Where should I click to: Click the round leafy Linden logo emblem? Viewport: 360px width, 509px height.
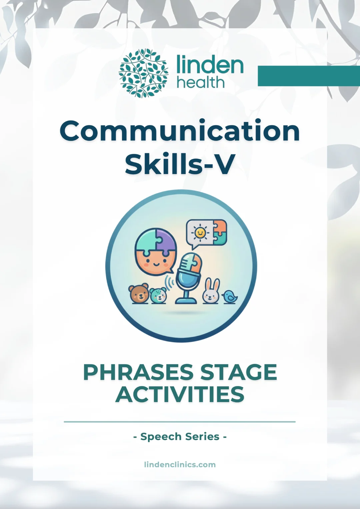[x=143, y=73]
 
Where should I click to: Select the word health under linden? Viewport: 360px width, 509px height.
[x=201, y=82]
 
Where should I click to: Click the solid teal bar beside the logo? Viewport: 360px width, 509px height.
[x=308, y=76]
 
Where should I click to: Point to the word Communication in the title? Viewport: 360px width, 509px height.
[x=180, y=131]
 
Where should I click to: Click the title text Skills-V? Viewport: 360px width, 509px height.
[x=180, y=164]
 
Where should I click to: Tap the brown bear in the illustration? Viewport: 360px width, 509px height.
[x=139, y=294]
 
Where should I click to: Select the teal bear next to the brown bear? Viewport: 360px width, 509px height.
[x=158, y=295]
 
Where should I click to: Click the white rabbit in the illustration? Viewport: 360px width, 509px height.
[x=211, y=292]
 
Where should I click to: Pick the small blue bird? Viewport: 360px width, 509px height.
[x=230, y=297]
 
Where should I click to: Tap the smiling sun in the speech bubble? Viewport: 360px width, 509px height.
[x=200, y=233]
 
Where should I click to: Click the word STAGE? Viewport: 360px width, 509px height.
[x=239, y=372]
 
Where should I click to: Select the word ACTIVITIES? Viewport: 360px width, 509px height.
[x=180, y=395]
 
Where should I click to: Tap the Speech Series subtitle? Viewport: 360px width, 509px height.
[x=180, y=436]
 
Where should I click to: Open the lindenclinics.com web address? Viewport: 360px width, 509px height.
[x=180, y=464]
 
